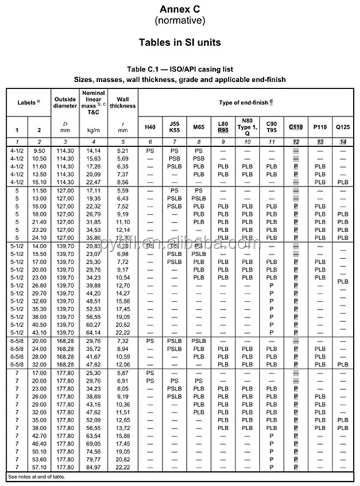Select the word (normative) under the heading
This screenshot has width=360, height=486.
point(180,21)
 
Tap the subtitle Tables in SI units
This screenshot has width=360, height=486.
point(180,42)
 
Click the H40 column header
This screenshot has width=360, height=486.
point(150,127)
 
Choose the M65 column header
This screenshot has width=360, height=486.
point(199,127)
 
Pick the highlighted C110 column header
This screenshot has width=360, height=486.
point(296,127)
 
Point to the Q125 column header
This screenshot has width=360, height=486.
point(343,127)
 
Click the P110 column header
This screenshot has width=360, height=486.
point(320,127)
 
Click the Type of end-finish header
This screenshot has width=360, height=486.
point(245,103)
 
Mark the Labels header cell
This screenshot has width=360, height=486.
point(28,103)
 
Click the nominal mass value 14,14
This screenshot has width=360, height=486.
point(93,151)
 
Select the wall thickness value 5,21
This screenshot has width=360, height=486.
point(123,151)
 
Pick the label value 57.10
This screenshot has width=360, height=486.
point(39,467)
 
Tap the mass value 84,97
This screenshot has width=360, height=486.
point(93,467)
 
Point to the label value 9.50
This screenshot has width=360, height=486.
point(39,151)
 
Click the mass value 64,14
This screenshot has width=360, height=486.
point(93,332)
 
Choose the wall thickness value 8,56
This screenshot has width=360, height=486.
point(123,182)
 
